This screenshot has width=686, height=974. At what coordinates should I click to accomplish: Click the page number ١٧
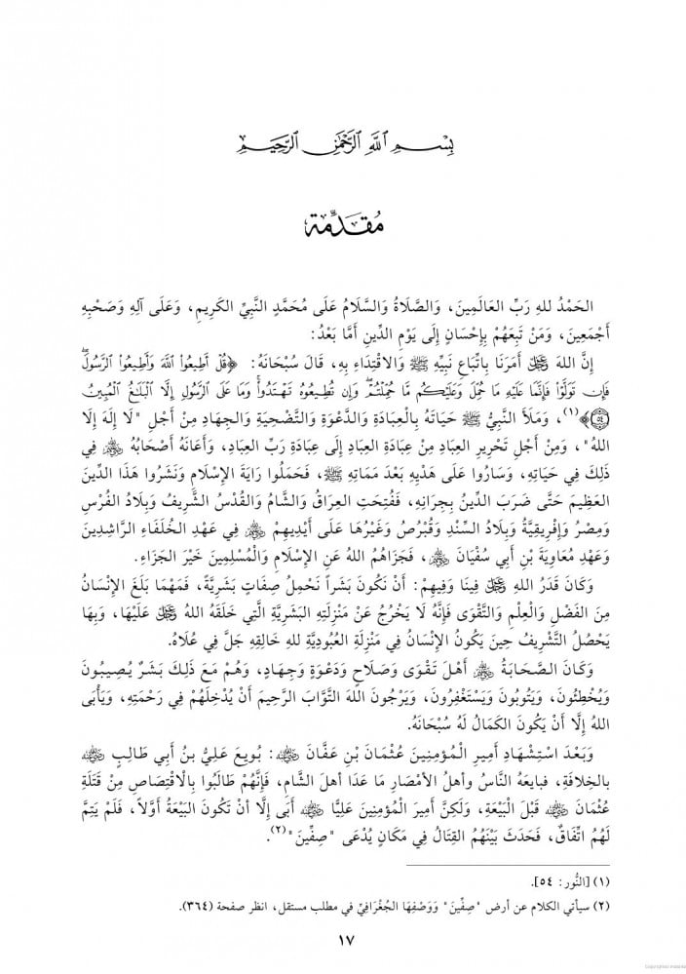[x=343, y=940]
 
